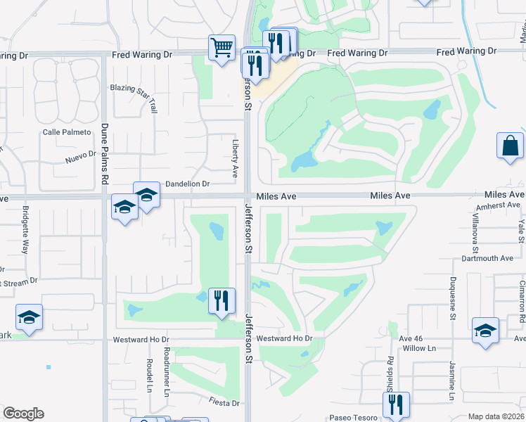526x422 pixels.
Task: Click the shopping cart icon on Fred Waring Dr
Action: [x=222, y=48]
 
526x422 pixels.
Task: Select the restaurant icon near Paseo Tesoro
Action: [x=396, y=404]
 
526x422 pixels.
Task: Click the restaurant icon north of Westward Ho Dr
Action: [x=222, y=300]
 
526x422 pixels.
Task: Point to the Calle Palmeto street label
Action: [x=67, y=132]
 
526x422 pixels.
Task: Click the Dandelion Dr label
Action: [x=187, y=184]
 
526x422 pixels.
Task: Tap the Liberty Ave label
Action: [x=235, y=162]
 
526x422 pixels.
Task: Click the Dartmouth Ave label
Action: [x=487, y=258]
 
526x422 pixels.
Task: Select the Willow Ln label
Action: [x=419, y=348]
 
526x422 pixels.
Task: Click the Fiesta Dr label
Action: [x=224, y=403]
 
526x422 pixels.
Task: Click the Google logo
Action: [x=24, y=414]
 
